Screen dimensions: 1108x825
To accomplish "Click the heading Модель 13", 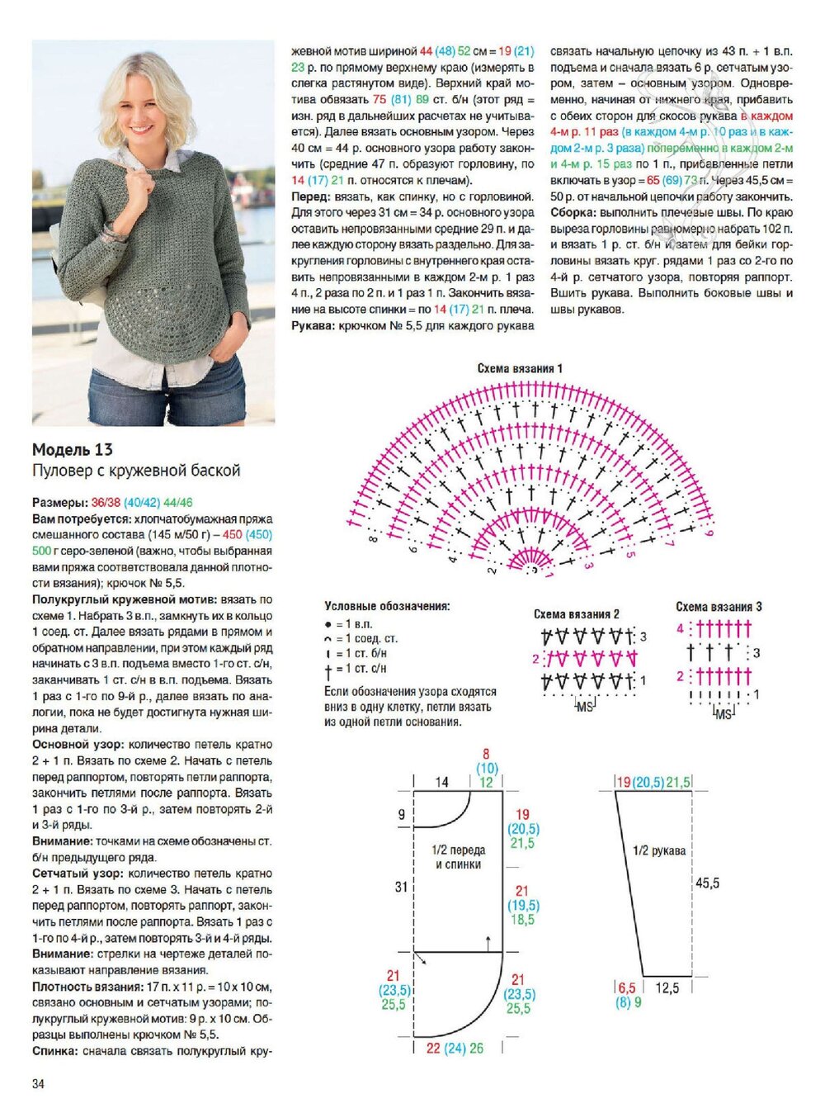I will coord(73,450).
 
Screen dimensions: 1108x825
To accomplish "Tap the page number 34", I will coord(38,1084).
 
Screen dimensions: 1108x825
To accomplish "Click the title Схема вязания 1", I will coord(520,368).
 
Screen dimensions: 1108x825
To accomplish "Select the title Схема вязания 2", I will coord(576,614).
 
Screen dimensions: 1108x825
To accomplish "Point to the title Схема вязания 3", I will coord(719,607).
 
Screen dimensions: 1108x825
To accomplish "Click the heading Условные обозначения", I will coord(387,606).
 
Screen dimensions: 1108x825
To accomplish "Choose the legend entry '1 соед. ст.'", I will coord(366,638).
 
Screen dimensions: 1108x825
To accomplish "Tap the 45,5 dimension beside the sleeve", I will coord(707,883).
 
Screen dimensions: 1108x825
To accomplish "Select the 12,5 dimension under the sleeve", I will coord(667,987).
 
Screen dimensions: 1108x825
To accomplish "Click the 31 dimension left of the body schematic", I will coord(401,887).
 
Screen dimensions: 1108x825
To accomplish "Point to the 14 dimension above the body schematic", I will coord(442,782).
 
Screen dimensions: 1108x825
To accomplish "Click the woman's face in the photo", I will coord(146,116).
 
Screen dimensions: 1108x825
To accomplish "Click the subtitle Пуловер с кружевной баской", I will coord(136,471).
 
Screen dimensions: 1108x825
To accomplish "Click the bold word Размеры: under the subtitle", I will coord(59,503).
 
